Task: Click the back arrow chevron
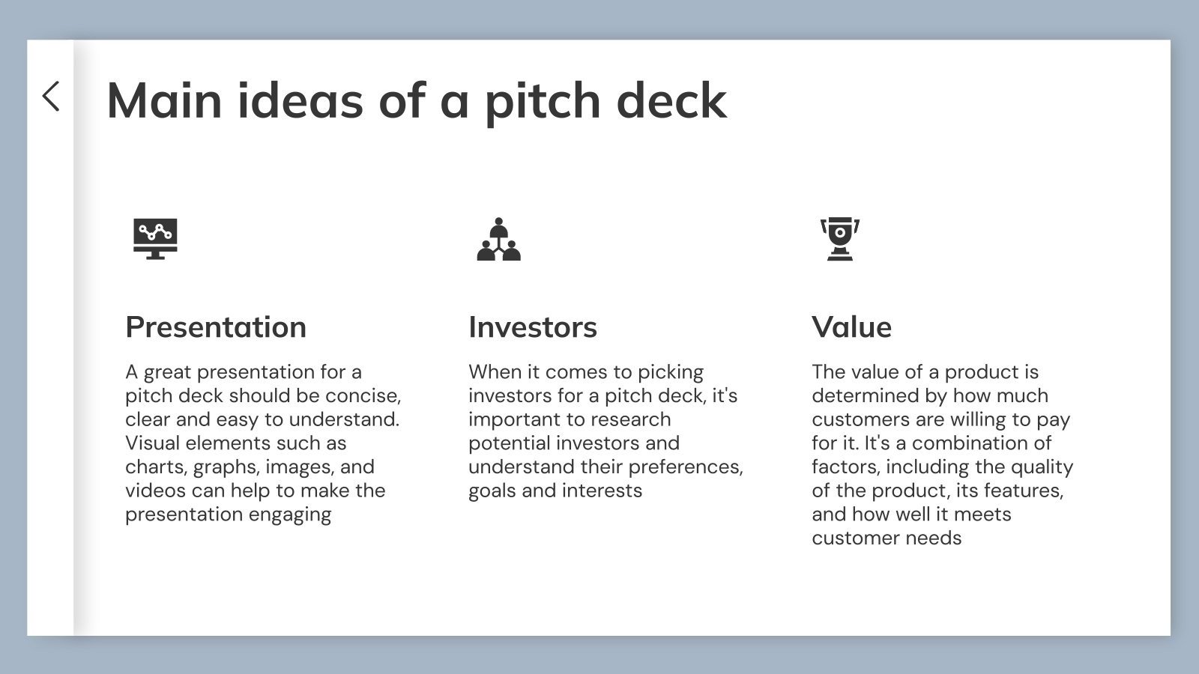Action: click(x=51, y=97)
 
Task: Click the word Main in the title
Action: click(x=164, y=100)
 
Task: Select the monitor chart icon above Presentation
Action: click(x=155, y=239)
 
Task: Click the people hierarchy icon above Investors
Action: click(x=498, y=240)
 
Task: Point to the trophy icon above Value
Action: click(x=840, y=239)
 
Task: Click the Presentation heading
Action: click(x=216, y=327)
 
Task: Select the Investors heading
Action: click(x=533, y=327)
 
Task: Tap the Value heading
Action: click(x=851, y=327)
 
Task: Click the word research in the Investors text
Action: click(x=629, y=419)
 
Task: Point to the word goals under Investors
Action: click(x=492, y=491)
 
